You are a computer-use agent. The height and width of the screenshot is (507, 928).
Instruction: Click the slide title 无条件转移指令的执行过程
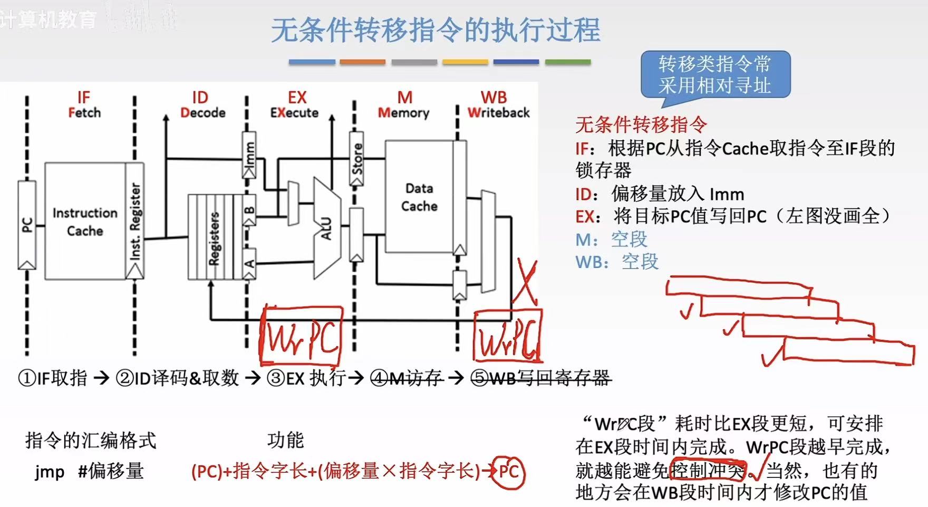point(436,30)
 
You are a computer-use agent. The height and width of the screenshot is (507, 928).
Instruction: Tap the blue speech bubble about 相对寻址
point(715,75)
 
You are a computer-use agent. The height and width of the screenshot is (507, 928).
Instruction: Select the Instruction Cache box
point(85,222)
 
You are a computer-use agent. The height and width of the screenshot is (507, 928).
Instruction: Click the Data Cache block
point(419,197)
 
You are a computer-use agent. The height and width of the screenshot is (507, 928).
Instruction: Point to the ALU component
point(327,228)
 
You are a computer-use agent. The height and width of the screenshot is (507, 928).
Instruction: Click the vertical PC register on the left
point(27,225)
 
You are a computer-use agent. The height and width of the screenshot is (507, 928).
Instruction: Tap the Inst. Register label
point(135,222)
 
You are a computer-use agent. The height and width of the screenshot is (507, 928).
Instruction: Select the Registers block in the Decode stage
point(214,237)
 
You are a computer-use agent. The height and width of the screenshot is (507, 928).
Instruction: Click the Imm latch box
point(249,155)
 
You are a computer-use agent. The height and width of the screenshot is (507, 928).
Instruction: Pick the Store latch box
point(357,159)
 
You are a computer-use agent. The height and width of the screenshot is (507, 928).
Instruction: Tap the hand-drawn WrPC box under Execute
point(302,336)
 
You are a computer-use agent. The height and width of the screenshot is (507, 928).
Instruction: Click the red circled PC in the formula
point(509,471)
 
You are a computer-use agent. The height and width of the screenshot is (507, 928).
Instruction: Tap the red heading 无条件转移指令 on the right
point(641,125)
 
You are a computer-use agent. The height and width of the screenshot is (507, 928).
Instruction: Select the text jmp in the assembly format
point(50,471)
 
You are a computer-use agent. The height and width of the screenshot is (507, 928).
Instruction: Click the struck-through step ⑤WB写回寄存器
point(541,378)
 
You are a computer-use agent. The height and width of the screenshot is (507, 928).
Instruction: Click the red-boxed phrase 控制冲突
point(707,470)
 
